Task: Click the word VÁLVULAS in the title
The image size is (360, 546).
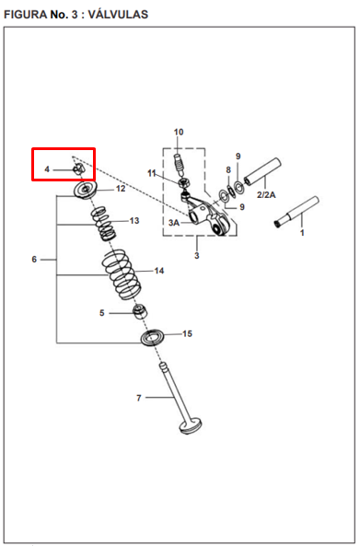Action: click(x=118, y=15)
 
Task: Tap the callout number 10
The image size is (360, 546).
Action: click(x=179, y=133)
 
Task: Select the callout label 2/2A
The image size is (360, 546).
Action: click(x=266, y=194)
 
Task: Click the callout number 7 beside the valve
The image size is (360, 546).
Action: click(x=139, y=398)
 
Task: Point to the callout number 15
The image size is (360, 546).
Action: click(x=187, y=333)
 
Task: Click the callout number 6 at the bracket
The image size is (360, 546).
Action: click(x=34, y=260)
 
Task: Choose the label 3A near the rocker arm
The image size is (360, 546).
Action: click(x=174, y=223)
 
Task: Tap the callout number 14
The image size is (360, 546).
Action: click(x=159, y=271)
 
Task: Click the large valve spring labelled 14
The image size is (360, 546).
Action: click(x=122, y=274)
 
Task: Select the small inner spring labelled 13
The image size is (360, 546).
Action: click(x=104, y=224)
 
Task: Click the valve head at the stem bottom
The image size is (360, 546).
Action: click(x=191, y=427)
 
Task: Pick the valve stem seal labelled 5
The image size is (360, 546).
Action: click(x=141, y=311)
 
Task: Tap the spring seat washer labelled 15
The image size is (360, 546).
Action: click(x=153, y=337)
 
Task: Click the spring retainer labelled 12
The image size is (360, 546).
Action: click(x=86, y=190)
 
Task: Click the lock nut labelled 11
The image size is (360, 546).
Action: click(x=184, y=182)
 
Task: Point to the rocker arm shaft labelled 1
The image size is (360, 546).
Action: click(x=297, y=212)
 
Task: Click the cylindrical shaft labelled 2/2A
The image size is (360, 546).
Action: click(x=262, y=171)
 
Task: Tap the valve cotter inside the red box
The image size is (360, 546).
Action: click(x=78, y=168)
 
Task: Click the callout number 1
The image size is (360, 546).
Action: click(x=302, y=233)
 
